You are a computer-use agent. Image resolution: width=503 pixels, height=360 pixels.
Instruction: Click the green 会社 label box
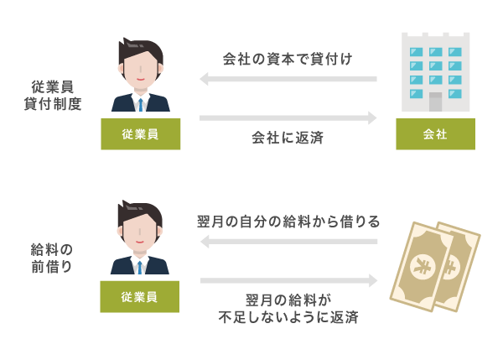[x=435, y=134]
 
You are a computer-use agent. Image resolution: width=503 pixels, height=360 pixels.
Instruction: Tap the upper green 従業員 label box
[x=140, y=134]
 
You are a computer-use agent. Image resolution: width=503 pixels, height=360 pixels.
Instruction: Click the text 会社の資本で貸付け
[x=288, y=60]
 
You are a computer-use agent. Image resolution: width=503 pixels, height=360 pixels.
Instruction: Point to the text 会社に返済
[x=288, y=138]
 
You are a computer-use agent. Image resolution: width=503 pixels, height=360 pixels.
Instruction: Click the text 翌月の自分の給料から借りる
[x=288, y=222]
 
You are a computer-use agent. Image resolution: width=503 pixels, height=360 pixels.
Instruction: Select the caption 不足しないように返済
[x=288, y=318]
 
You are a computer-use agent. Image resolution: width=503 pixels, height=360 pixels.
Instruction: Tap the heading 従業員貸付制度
[x=52, y=95]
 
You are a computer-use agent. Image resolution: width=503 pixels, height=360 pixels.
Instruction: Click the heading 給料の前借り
[x=52, y=258]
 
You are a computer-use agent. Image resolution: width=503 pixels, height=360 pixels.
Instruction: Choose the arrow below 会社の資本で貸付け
[x=288, y=80]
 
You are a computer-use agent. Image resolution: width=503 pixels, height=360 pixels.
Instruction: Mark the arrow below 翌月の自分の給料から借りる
[x=288, y=242]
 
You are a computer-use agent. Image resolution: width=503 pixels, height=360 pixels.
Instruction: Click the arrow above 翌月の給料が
[x=288, y=280]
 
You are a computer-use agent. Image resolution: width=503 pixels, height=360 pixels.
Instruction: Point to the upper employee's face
[x=141, y=68]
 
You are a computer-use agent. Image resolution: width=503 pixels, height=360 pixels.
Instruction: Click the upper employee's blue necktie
[x=141, y=103]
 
